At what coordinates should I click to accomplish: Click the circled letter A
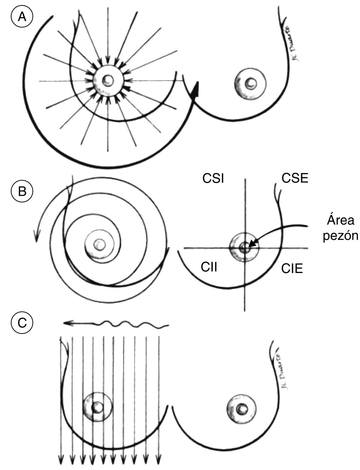point(22,16)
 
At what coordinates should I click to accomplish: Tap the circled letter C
point(22,323)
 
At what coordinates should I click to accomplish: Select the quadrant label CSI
point(213,179)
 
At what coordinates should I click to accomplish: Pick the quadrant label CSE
point(295,178)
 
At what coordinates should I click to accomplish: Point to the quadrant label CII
point(209,267)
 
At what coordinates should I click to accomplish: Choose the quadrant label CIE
point(292,269)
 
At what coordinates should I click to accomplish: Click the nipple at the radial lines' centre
point(108,81)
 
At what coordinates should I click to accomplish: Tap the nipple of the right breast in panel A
point(251,83)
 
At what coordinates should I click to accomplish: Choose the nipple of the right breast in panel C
point(242,409)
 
